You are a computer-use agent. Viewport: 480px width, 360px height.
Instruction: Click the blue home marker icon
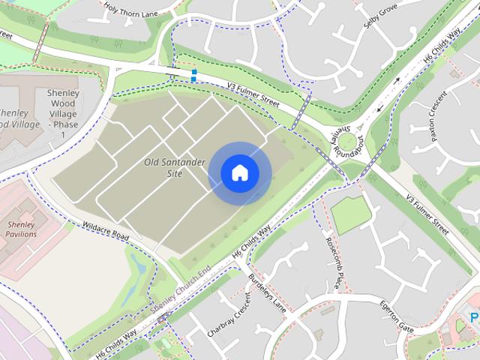(x=239, y=173)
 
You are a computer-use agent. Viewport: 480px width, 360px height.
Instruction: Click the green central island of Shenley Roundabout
(x=349, y=139)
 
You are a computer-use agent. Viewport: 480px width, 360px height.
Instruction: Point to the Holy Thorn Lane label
(x=130, y=10)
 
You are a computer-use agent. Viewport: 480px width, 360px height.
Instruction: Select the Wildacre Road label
(x=106, y=230)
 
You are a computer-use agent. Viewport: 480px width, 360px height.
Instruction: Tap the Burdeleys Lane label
(x=268, y=289)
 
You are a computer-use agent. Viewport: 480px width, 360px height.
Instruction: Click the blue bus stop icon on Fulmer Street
(x=194, y=74)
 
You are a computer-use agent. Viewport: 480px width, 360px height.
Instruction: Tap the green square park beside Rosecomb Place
(x=351, y=214)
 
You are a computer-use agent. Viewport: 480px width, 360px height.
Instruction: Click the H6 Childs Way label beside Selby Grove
(x=442, y=45)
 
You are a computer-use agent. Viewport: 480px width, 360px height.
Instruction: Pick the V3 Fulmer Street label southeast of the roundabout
(x=430, y=214)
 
